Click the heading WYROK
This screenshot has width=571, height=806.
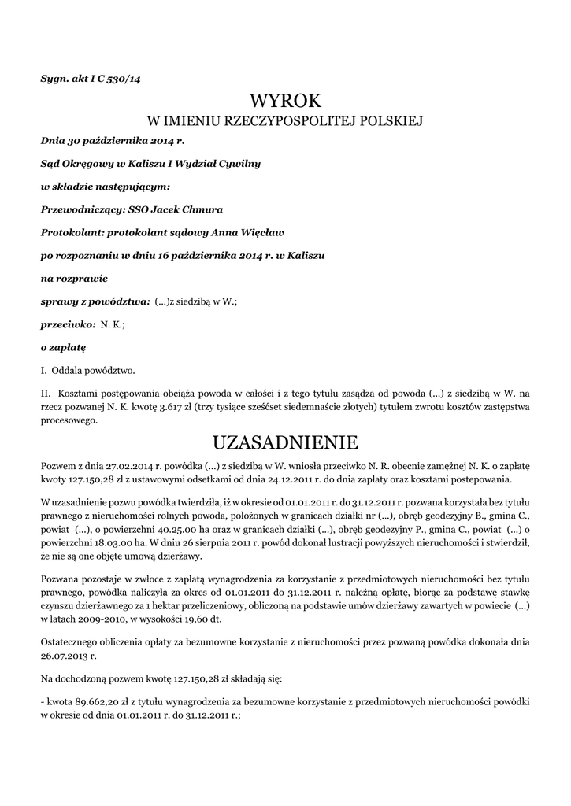click(285, 101)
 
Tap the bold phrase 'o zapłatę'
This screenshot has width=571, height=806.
click(63, 346)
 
